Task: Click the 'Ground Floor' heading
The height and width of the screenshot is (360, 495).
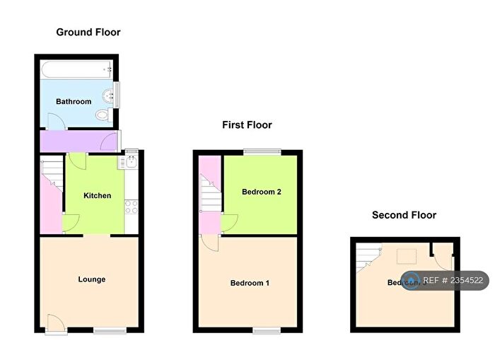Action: click(x=88, y=32)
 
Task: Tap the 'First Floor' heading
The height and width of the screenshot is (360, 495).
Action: click(x=247, y=125)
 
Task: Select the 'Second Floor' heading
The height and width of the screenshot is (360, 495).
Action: click(x=404, y=215)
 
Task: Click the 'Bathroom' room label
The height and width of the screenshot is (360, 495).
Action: click(x=74, y=102)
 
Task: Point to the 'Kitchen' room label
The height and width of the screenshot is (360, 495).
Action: click(x=98, y=195)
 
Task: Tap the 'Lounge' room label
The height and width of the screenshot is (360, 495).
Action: click(x=91, y=279)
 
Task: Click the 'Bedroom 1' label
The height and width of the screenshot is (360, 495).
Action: click(x=250, y=284)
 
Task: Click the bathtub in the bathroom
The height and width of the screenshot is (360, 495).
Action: click(x=77, y=69)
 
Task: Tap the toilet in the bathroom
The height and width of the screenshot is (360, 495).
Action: click(x=103, y=116)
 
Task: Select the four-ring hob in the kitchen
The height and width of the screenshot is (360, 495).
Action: click(x=131, y=207)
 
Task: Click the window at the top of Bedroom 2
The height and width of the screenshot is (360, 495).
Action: click(x=262, y=151)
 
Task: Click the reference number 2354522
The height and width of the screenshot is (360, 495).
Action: click(x=452, y=281)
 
